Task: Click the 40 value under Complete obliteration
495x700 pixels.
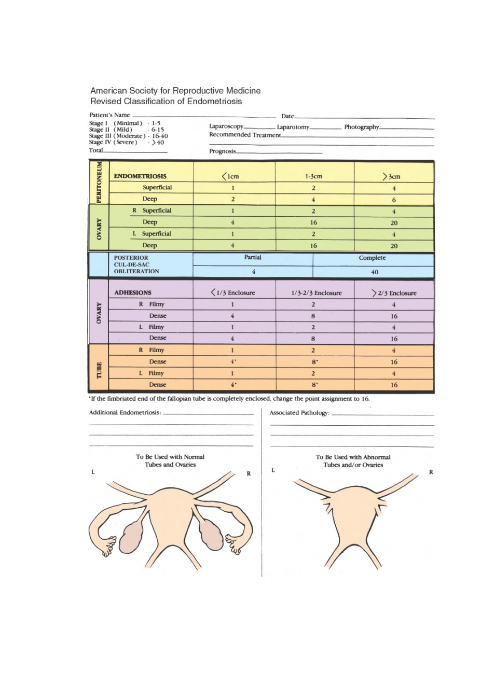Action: pos(374,272)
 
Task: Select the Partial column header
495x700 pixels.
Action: pos(253,257)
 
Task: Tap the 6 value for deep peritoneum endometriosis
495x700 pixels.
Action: pos(394,200)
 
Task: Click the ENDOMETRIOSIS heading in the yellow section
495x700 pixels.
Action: pos(140,176)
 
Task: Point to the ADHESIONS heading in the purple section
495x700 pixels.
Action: pos(133,293)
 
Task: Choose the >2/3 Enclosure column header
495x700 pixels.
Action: pos(394,293)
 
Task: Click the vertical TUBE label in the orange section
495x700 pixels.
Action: pos(99,370)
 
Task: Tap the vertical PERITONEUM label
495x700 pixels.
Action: pos(99,183)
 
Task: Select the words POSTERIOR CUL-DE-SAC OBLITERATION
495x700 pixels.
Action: pos(136,264)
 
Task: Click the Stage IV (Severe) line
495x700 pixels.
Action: pos(126,142)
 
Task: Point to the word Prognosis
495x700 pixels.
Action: pos(222,151)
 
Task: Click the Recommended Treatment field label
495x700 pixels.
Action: pos(245,135)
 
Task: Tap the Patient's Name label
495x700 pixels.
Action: pos(109,115)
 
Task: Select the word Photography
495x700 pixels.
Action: pos(362,127)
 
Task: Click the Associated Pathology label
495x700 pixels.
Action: pos(299,413)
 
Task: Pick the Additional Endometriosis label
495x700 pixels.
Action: pos(125,412)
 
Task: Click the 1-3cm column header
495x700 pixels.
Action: pos(313,176)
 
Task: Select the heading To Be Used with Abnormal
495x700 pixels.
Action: pos(353,457)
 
